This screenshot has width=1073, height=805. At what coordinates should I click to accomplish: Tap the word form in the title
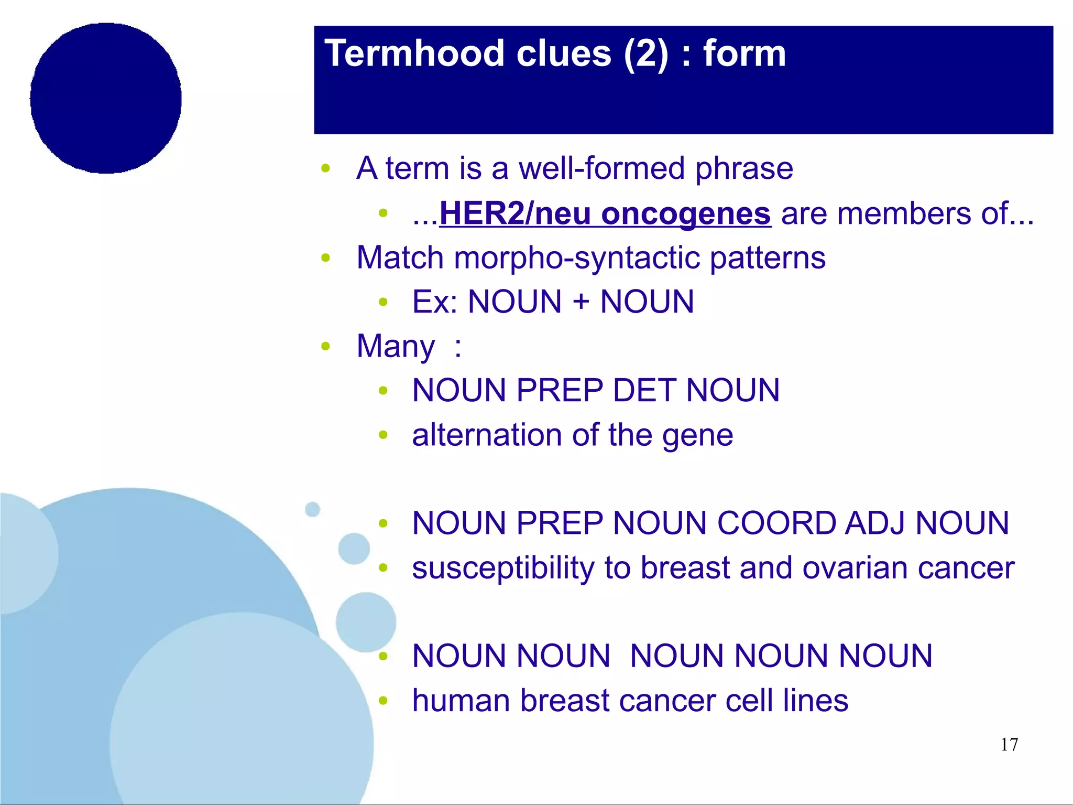pos(744,53)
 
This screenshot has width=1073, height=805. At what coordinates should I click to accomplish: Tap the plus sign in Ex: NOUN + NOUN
pos(581,303)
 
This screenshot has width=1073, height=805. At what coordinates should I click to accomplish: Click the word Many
pos(396,347)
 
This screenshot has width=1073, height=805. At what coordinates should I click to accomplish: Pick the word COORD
pos(776,523)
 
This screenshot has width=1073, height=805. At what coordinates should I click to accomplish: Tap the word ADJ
pos(875,523)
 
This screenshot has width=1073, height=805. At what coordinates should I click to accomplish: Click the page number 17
pos(1009,745)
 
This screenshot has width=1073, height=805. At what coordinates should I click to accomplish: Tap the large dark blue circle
pos(106,98)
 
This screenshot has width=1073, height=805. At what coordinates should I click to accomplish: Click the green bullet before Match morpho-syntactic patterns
pos(326,257)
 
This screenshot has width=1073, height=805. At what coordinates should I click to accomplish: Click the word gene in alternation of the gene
pos(697,436)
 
